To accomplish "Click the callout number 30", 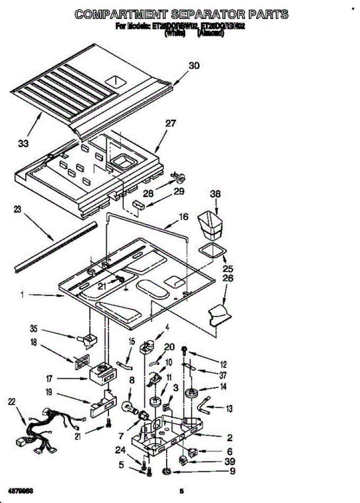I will [x=194, y=65].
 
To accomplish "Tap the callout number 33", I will [x=23, y=144].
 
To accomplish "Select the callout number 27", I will [x=171, y=124].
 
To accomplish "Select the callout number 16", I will [x=183, y=217].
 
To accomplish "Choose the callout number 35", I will [x=34, y=328].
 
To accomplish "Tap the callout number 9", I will [x=230, y=471].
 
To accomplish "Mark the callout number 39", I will [x=229, y=461].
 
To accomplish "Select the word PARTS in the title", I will [x=267, y=15].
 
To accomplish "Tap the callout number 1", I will [x=21, y=295].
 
